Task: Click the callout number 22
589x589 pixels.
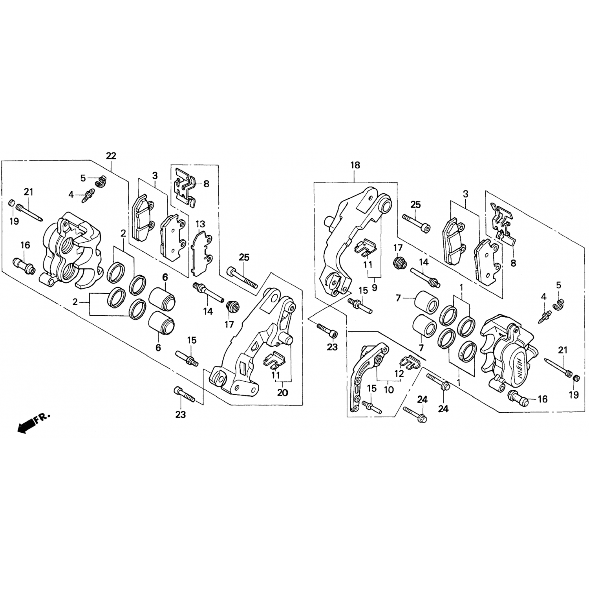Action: [111, 156]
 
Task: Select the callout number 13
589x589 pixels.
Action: [200, 224]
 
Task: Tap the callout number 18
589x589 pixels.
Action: [355, 165]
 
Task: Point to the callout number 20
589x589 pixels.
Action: [283, 392]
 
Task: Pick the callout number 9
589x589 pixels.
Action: [374, 288]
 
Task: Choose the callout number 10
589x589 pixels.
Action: [388, 390]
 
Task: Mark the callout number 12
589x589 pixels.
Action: [399, 374]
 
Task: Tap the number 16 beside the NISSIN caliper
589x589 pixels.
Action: [542, 399]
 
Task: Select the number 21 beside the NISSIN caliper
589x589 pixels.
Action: [563, 350]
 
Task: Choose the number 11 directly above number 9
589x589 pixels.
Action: [368, 265]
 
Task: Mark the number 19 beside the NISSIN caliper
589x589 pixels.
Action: [574, 395]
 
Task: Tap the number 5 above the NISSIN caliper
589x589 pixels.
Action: [559, 284]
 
